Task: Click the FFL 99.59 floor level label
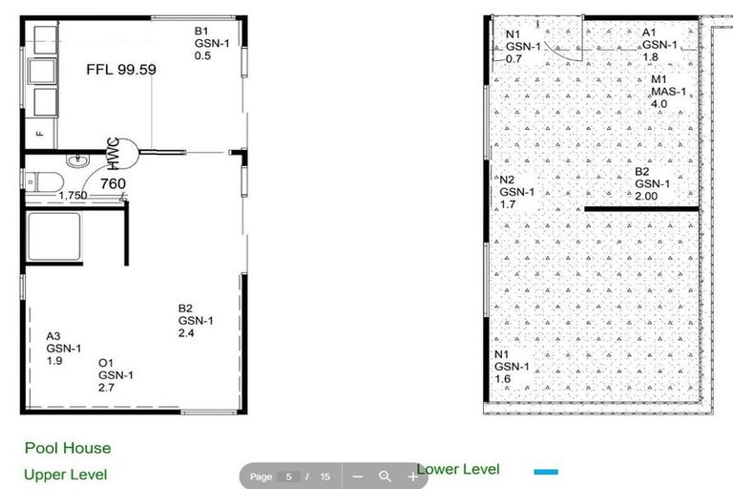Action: [121, 70]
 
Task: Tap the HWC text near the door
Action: [114, 152]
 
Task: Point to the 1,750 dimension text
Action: [73, 196]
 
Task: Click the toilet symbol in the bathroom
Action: [43, 180]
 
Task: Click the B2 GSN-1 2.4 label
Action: [196, 321]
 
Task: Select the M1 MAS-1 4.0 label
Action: [668, 92]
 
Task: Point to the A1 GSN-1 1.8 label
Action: [660, 44]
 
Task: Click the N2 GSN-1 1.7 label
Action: [517, 192]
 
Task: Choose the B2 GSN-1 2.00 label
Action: [654, 183]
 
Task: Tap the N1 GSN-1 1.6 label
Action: [512, 367]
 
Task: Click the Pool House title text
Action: [68, 448]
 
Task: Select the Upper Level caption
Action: [65, 474]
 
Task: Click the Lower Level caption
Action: [458, 469]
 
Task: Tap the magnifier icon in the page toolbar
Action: [385, 476]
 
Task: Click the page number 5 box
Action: [287, 476]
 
